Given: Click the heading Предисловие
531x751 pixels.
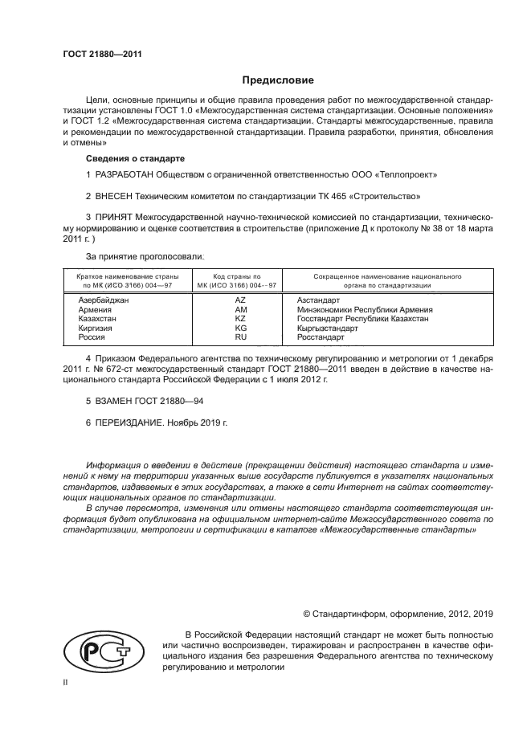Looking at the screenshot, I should click(278, 80).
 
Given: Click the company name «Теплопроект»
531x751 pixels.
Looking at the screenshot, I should click(406, 174).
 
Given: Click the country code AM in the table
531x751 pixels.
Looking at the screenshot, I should click(240, 309).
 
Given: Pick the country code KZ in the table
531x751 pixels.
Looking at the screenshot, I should click(240, 319).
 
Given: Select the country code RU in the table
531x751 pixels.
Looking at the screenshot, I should click(240, 338).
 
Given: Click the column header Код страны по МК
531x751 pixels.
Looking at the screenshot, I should click(240, 280).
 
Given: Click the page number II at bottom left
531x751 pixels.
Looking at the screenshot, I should click(66, 681).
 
